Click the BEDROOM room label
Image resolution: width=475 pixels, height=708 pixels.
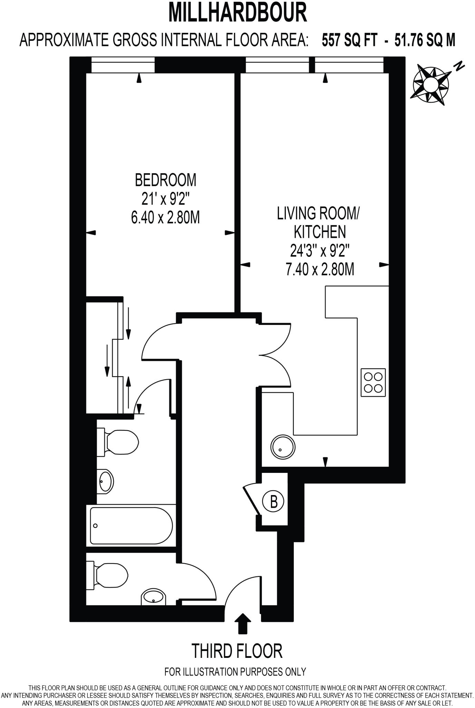165,180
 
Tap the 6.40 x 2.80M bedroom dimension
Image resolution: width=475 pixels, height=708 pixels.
165,218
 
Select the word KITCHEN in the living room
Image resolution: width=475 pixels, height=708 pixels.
319,232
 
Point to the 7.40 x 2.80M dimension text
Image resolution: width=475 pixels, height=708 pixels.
320,269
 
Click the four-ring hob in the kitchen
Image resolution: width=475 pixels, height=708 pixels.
373,382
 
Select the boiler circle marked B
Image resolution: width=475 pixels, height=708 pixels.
273,501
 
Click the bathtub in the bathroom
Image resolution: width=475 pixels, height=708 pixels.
131,525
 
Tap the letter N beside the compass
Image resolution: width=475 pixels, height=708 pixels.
459,66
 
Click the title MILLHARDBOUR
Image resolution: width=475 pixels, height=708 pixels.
237,12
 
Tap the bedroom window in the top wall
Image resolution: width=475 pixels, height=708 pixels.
123,65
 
